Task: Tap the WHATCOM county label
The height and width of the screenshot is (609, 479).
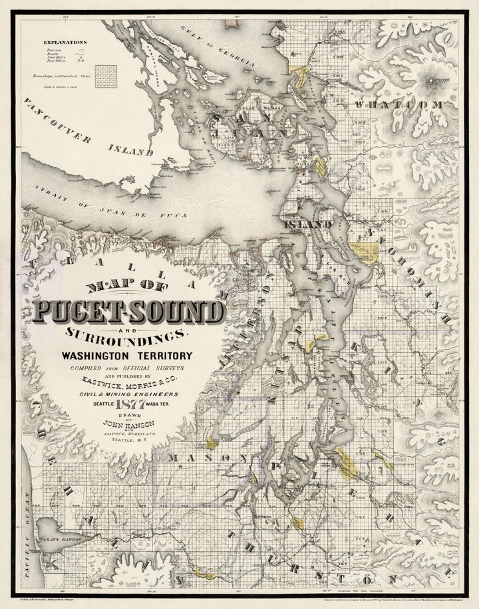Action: [x=399, y=106]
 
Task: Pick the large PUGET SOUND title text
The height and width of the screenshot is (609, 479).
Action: [x=128, y=310]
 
